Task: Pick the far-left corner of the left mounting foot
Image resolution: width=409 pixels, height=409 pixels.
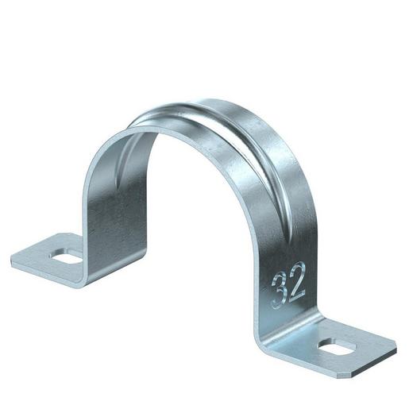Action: [14, 259]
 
